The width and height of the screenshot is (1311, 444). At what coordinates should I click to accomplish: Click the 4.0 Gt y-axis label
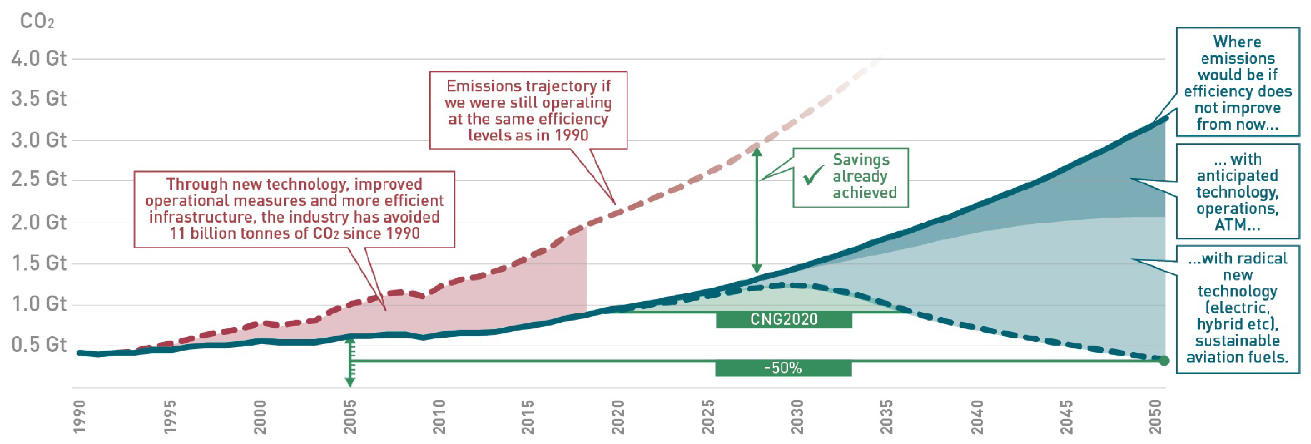click(x=39, y=58)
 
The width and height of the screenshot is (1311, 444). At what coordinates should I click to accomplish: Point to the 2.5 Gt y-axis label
click(x=39, y=179)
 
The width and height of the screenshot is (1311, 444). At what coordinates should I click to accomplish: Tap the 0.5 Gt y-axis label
click(x=39, y=345)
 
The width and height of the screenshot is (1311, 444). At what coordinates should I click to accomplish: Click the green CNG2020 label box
click(x=784, y=319)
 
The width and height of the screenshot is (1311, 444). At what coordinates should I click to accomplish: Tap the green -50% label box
click(x=783, y=368)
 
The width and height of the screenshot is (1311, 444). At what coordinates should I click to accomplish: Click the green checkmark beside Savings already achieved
click(x=813, y=175)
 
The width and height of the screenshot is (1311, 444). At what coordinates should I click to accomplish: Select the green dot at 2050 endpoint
click(x=1164, y=361)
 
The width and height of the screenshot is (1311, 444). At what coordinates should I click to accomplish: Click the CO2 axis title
click(x=37, y=22)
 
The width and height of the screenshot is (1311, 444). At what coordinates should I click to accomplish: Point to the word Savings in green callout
click(x=861, y=160)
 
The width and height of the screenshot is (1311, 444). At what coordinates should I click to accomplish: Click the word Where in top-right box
click(x=1237, y=42)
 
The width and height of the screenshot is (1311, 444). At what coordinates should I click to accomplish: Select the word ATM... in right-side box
click(x=1237, y=224)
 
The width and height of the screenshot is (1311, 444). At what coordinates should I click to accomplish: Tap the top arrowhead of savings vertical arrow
click(x=757, y=151)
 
